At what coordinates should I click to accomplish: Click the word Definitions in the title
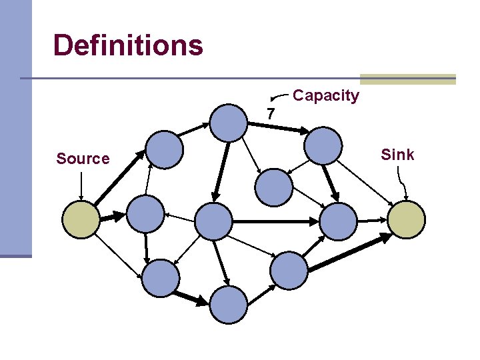click(128, 45)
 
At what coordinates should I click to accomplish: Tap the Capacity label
click(326, 96)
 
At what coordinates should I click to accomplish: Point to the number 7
click(271, 113)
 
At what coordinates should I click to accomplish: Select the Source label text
click(83, 159)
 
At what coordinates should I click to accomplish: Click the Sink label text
click(397, 155)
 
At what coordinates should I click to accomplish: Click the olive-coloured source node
click(81, 219)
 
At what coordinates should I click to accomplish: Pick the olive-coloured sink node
click(406, 219)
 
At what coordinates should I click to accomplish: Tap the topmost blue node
click(228, 123)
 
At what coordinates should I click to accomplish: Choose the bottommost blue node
click(229, 305)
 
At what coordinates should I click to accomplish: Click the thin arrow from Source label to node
click(81, 186)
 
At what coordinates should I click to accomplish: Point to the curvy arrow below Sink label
click(402, 184)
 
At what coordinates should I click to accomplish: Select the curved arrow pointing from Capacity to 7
click(279, 97)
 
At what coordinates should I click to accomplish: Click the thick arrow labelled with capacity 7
click(278, 128)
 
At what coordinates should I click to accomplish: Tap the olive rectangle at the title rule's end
click(408, 79)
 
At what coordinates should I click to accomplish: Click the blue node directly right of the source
click(145, 214)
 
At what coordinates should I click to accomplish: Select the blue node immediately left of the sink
click(338, 221)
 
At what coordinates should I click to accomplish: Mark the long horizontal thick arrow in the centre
click(275, 221)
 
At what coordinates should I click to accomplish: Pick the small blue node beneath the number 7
click(274, 187)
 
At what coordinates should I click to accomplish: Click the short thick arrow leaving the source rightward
click(113, 217)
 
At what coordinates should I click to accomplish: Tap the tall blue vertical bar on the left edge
click(16, 129)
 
